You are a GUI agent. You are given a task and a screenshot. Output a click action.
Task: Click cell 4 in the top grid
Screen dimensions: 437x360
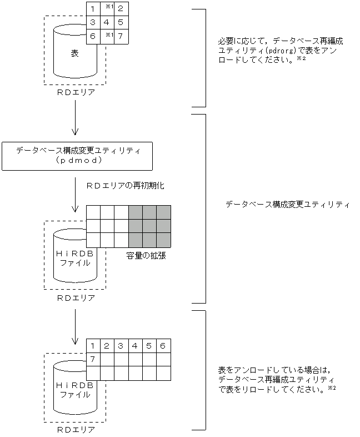107,23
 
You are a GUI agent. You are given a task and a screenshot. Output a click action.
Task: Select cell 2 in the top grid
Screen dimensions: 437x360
121,9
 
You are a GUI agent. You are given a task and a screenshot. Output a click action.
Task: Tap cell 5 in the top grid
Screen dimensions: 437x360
121,23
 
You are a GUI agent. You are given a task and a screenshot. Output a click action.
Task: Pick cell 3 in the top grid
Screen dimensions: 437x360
93,23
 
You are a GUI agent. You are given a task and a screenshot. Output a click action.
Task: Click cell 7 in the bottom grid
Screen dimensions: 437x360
93,359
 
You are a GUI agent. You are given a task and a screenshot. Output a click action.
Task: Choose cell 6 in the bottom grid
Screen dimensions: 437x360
163,346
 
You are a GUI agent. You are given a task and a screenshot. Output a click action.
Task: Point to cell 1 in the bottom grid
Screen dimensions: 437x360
93,346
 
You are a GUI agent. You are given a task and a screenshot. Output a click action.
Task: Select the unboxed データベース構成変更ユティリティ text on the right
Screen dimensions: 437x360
287,205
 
